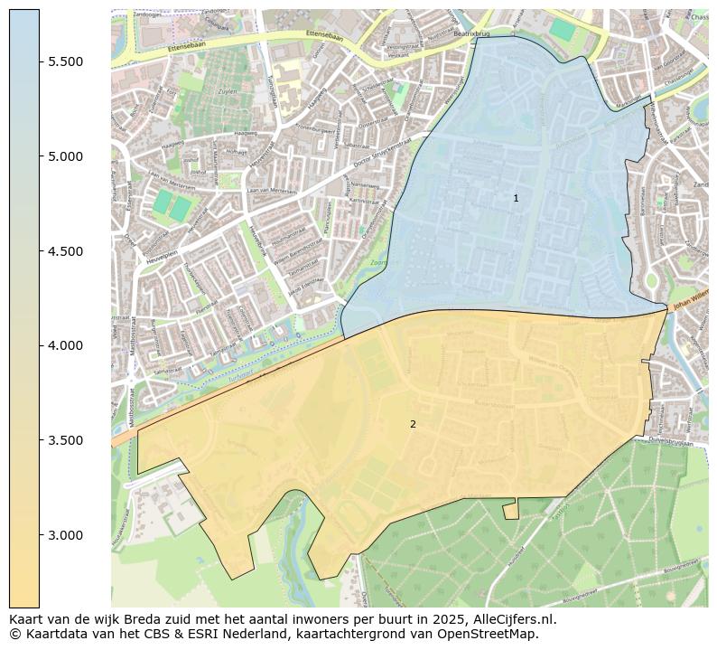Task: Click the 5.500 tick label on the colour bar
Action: coord(66,61)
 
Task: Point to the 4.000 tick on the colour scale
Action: coord(66,345)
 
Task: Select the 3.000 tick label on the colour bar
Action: coord(66,535)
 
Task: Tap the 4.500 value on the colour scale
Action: coord(66,250)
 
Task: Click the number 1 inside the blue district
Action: coord(516,198)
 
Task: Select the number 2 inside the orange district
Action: coord(413,424)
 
